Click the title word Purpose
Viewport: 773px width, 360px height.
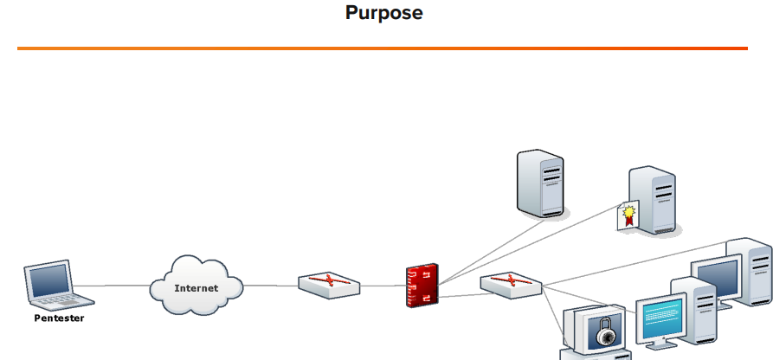pos(383,14)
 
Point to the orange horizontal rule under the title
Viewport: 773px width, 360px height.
pos(382,48)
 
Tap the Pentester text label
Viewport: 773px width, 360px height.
pos(59,318)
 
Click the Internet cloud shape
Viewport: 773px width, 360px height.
pos(196,286)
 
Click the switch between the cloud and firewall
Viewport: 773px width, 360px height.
pos(330,285)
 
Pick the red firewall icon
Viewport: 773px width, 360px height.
pos(422,286)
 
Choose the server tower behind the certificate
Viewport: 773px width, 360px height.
pos(655,201)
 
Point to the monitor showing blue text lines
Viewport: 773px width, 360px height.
pos(661,323)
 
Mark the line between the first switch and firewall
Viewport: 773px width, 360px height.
pos(383,286)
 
